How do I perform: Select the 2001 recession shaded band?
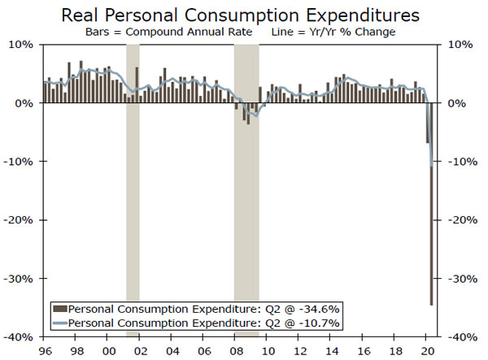pyautogui.click(x=133, y=187)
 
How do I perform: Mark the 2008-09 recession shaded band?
pyautogui.click(x=246, y=187)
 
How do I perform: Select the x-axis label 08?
pyautogui.click(x=235, y=351)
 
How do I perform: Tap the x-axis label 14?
pyautogui.click(x=331, y=351)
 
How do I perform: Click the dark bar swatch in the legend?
pyautogui.click(x=59, y=309)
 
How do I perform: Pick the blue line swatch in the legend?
pyautogui.click(x=59, y=323)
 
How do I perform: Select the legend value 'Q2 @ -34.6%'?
pyautogui.click(x=303, y=309)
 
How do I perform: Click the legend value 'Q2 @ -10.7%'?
pyautogui.click(x=303, y=323)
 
